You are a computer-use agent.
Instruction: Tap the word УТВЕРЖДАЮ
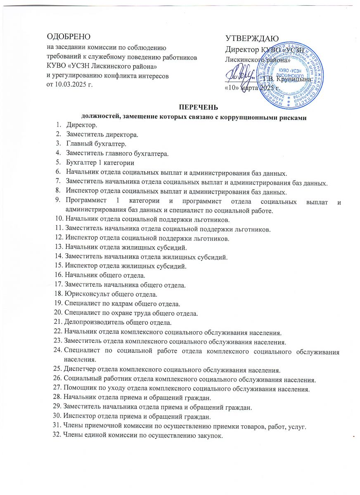[x=252, y=38]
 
